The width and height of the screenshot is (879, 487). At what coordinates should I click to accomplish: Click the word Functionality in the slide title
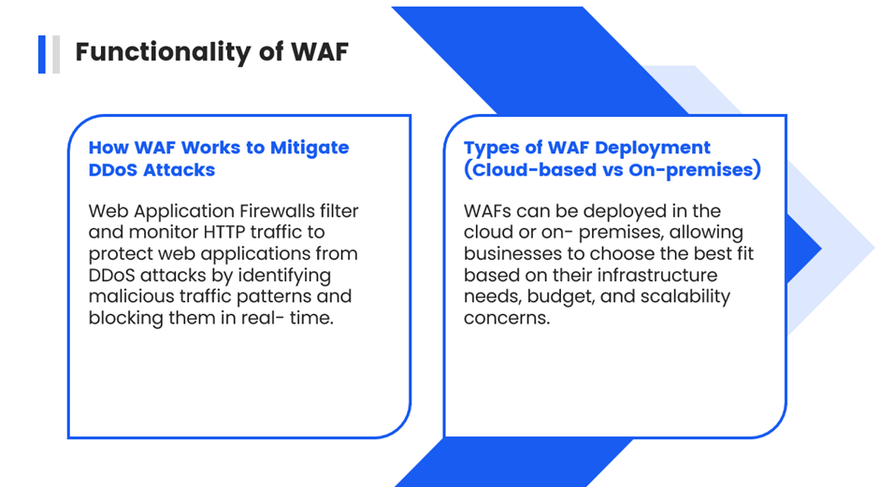(x=164, y=52)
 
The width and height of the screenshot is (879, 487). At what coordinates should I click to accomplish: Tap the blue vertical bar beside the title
(x=41, y=54)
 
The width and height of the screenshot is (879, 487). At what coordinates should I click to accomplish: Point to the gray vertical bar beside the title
(x=56, y=54)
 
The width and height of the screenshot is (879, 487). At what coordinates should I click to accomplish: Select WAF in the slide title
(x=320, y=51)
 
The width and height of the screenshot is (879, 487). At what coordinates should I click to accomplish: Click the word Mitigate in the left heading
(x=310, y=148)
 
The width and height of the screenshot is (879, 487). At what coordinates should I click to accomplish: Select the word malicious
(x=131, y=296)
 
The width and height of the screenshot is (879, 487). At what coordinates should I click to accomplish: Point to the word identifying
(x=284, y=276)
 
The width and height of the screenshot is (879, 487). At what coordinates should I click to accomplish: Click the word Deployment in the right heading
(x=653, y=148)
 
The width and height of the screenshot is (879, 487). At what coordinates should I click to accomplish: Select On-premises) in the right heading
(x=695, y=170)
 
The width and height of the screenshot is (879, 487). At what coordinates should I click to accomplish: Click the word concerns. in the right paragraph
(x=507, y=319)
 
